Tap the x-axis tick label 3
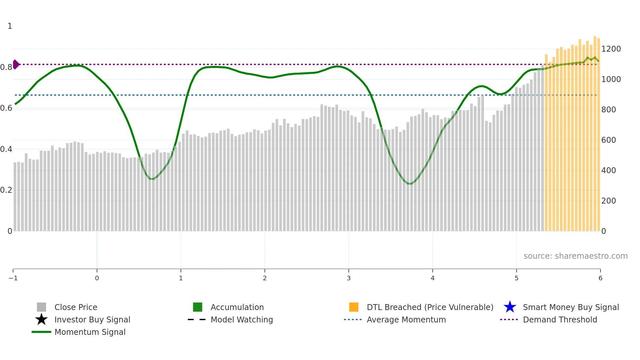(x=348, y=278)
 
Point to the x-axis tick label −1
(x=13, y=278)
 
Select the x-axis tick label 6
(x=600, y=278)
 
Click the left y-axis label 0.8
(x=6, y=67)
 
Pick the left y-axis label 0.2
(x=6, y=190)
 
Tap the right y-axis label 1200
(x=611, y=49)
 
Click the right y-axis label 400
(x=608, y=171)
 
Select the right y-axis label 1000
(x=611, y=79)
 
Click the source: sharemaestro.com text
(x=575, y=256)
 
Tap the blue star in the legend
(x=510, y=307)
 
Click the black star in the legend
(x=41, y=319)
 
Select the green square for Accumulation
(x=198, y=307)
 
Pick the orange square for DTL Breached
(x=354, y=307)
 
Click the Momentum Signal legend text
(x=90, y=332)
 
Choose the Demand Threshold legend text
(x=560, y=320)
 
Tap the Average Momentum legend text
(x=406, y=320)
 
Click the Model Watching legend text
(x=242, y=320)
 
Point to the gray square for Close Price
(x=41, y=307)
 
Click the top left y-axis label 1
(x=10, y=26)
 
